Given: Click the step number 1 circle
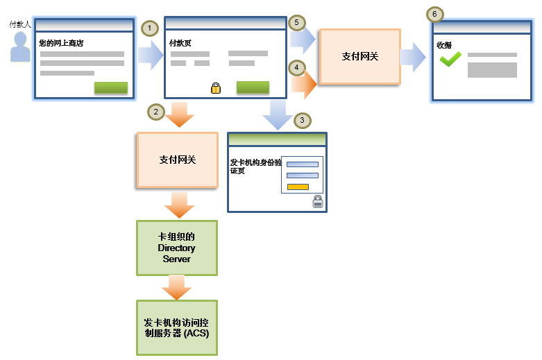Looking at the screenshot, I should [x=150, y=28].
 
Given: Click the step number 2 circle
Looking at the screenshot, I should [x=156, y=112].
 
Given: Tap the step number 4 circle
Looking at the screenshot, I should [x=297, y=68].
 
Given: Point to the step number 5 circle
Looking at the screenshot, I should [x=297, y=23].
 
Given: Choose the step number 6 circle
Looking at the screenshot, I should [x=434, y=14].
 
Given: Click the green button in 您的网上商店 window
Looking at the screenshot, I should [x=110, y=87].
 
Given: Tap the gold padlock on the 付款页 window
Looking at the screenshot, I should [x=216, y=88].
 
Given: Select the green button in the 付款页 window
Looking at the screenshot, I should [x=253, y=87].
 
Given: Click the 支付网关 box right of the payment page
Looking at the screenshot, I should [x=359, y=56].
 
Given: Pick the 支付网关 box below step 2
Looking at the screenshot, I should [x=178, y=160].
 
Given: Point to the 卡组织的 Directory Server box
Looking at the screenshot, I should [x=177, y=248].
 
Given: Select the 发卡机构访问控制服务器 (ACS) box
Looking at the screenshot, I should [x=177, y=327].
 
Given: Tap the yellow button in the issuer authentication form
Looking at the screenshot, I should [x=298, y=187].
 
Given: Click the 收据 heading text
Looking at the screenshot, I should [x=444, y=45].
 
